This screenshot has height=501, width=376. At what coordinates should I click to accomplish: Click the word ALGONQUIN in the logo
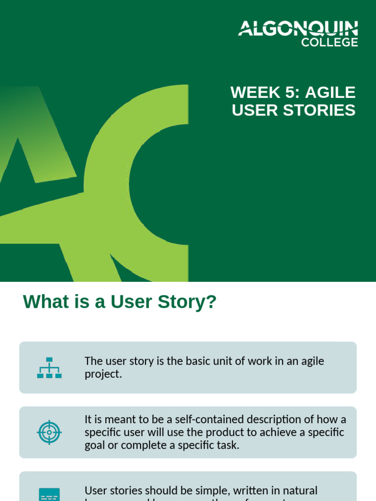click(298, 29)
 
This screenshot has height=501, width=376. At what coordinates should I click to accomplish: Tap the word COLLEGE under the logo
click(329, 43)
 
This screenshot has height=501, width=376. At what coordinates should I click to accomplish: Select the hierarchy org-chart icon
click(49, 367)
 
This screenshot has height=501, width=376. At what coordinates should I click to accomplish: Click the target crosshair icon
click(49, 432)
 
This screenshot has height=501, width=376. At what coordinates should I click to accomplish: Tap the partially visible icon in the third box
click(49, 494)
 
